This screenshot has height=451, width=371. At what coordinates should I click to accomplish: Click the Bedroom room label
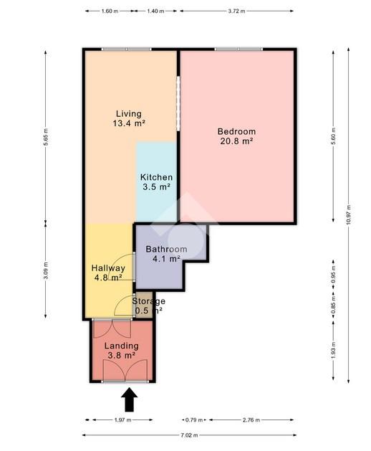(236, 131)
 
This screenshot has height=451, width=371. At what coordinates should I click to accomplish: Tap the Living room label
(129, 113)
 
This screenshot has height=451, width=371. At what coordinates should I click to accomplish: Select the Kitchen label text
(156, 177)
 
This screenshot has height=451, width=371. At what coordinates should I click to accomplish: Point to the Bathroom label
(166, 249)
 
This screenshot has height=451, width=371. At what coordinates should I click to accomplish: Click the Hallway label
(108, 268)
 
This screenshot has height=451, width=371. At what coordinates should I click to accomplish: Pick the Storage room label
(148, 301)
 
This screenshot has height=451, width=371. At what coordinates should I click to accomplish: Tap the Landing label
(122, 346)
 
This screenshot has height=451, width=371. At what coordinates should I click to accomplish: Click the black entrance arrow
(130, 399)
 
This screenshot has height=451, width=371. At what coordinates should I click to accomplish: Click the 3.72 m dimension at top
(237, 11)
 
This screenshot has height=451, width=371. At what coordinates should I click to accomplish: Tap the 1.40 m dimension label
(155, 11)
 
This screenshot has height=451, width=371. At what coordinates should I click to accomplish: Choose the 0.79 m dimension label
(194, 420)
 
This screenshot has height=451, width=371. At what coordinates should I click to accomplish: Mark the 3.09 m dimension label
(46, 270)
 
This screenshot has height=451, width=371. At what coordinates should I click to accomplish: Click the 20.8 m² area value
(236, 141)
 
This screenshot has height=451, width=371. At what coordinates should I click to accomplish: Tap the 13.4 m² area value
(129, 123)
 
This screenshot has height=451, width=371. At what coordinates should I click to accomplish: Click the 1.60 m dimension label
(110, 11)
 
